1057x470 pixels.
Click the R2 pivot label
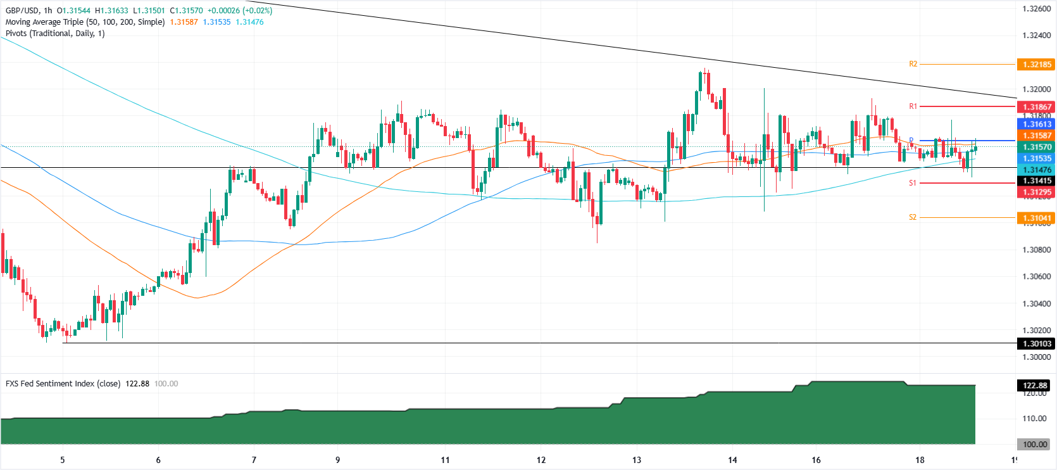913,64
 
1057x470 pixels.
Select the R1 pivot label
913,106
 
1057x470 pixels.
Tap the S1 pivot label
913,183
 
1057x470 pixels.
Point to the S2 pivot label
913,217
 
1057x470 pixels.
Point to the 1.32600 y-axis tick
1037,9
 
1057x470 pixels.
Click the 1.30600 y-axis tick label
1037,277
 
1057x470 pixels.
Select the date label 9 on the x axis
337,460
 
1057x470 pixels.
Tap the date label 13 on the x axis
637,460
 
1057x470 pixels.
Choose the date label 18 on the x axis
920,460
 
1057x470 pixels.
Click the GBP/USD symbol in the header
22,11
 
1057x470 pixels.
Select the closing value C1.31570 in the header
186,11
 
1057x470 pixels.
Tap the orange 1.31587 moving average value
184,22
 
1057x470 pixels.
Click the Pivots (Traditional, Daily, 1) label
55,34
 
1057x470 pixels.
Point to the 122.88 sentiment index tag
1035,385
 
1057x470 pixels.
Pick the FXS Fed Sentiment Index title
63,384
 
